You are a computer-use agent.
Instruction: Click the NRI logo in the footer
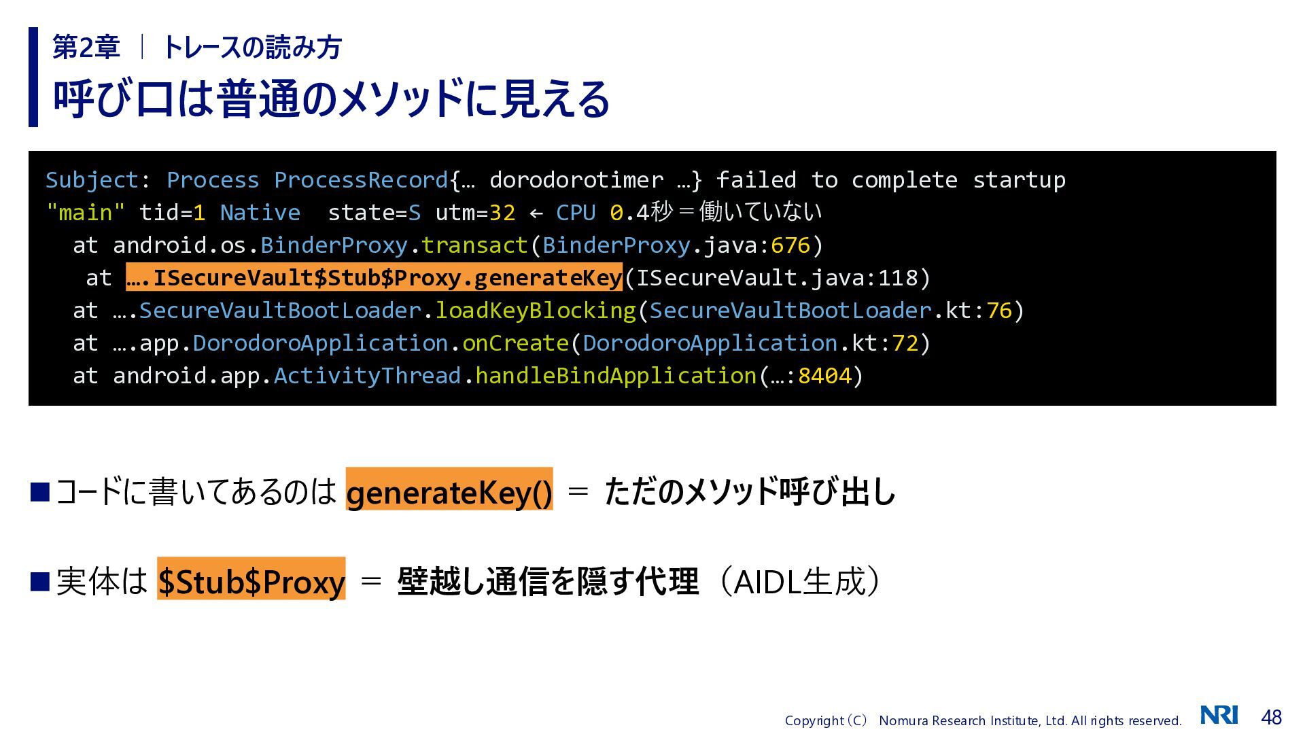1219,715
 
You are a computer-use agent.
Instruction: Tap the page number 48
1271,717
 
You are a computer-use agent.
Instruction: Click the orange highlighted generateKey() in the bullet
449,489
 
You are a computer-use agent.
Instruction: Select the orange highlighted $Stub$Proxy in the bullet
251,579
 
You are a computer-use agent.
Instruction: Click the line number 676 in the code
790,245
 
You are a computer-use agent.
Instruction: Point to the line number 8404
824,376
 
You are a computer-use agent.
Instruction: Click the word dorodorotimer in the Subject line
576,180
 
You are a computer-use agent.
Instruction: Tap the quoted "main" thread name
86,213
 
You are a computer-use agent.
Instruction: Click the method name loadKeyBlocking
536,311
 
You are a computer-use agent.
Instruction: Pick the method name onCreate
516,343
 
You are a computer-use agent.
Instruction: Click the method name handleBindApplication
616,376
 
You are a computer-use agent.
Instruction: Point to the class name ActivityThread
368,376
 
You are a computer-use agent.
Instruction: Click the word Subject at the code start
92,180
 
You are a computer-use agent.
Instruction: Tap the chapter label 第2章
86,47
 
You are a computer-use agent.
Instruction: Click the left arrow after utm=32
536,213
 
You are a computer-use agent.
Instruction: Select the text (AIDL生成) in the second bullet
799,581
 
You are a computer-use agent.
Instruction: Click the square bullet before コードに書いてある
41,491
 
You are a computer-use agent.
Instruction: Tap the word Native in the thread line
260,213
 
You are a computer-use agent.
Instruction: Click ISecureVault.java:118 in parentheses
777,278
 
